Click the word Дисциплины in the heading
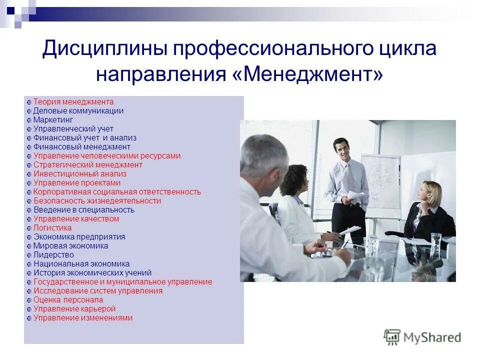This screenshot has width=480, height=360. [103, 49]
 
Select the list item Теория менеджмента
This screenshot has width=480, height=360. [73, 101]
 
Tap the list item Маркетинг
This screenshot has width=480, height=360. [53, 120]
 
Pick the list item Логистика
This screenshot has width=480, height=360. [52, 228]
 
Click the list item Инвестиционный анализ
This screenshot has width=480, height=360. [79, 174]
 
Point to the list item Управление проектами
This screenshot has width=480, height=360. [76, 183]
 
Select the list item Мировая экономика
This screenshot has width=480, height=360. [70, 246]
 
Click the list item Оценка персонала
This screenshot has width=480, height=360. [68, 300]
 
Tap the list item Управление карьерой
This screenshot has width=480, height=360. [74, 309]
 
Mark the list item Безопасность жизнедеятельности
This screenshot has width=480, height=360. [97, 201]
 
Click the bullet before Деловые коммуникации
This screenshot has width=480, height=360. [29, 111]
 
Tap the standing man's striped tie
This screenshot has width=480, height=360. [349, 177]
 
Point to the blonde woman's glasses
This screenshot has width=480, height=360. [426, 190]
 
